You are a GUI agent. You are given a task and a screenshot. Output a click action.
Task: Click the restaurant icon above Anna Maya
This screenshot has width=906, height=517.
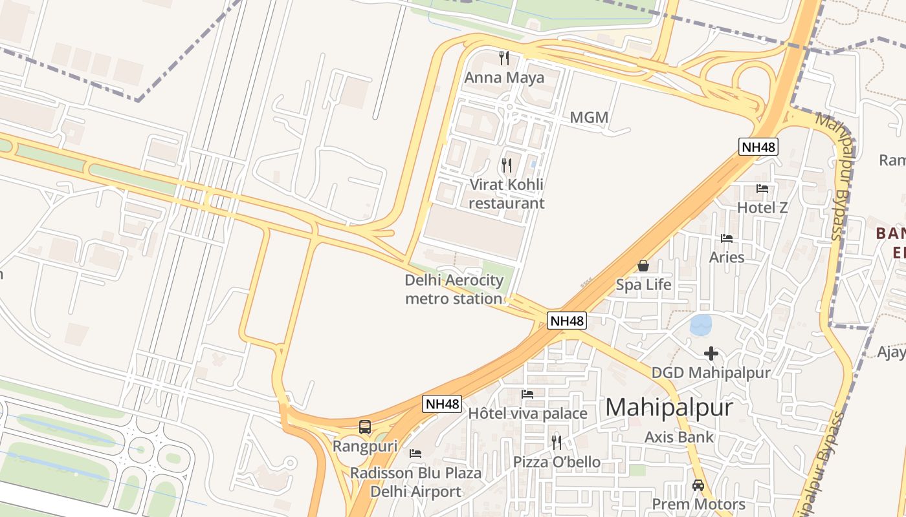point(504,58)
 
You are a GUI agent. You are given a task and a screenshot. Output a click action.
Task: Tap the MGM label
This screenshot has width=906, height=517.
point(589,118)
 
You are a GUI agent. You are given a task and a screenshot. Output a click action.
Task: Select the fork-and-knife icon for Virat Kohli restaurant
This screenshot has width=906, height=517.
point(507,165)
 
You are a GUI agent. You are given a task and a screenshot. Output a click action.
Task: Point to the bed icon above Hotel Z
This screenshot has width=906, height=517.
point(762,189)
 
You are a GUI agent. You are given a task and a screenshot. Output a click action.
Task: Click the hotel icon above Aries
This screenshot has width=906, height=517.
point(727,238)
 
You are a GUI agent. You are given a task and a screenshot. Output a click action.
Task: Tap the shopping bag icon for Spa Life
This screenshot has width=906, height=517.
point(643,266)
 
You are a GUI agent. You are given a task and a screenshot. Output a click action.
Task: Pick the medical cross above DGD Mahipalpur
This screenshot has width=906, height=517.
point(711,353)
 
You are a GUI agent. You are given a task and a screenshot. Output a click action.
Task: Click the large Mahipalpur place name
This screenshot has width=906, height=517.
point(668,407)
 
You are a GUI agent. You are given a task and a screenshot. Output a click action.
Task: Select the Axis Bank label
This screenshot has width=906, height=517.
point(679,437)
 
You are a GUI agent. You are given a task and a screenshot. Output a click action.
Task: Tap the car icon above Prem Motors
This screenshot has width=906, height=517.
point(698,485)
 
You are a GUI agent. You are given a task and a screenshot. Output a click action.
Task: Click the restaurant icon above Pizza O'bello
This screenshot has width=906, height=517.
point(557,443)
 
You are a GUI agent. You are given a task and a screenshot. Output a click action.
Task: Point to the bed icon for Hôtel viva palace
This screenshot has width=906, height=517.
point(527,394)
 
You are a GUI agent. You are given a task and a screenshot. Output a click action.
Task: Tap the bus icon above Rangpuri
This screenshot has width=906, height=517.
point(365,427)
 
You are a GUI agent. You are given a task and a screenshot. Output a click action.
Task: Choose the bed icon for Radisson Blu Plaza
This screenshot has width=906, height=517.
point(415,454)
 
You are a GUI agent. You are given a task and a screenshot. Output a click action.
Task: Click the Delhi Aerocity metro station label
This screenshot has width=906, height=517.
point(454,290)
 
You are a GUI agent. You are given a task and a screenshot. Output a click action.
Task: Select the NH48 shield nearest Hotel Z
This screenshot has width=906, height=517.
point(758,147)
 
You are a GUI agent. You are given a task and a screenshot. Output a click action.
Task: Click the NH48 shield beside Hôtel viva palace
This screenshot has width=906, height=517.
point(443,405)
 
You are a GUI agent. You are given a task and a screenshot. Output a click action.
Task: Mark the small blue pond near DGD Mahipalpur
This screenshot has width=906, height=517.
point(701,324)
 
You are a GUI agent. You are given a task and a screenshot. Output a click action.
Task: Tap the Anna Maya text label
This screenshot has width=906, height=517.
point(504,78)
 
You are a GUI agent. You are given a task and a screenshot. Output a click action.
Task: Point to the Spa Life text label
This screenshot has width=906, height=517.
point(643,284)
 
